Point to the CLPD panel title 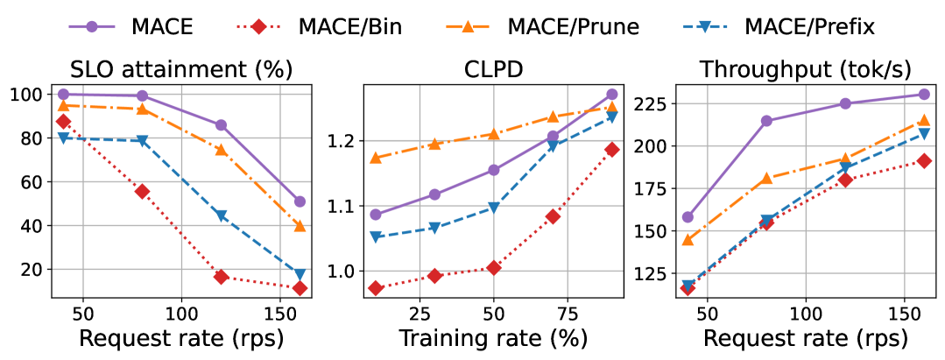point(494,69)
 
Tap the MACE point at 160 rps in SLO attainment point(300,201)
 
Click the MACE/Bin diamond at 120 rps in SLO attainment point(222,277)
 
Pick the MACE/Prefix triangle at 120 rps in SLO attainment point(222,215)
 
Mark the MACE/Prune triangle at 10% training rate point(376,159)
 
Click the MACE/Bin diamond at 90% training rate point(611,150)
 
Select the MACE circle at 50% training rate point(494,170)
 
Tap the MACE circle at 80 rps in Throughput point(766,121)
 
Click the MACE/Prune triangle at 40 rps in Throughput point(688,240)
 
